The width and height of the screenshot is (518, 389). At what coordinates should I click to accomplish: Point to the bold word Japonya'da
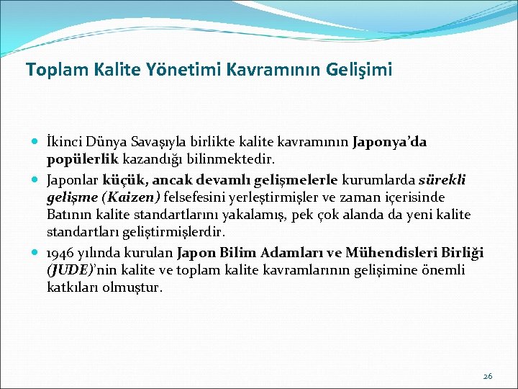pos(389,142)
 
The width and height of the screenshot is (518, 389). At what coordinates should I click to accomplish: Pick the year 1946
pos(61,252)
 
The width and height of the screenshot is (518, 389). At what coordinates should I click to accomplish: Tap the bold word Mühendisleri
pos(387,252)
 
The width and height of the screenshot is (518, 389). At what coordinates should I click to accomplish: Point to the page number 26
pos(488,375)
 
